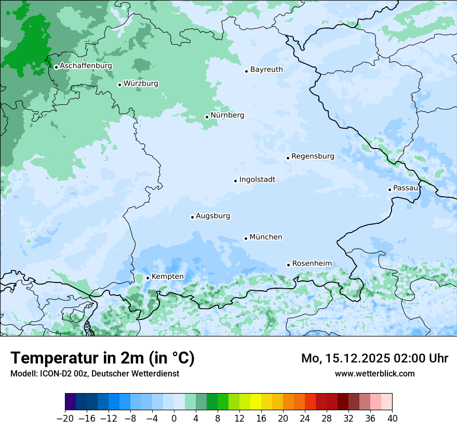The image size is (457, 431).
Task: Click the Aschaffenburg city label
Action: (x=86, y=66)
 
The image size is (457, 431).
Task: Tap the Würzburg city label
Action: (x=141, y=84)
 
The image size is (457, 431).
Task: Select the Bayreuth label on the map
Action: (x=266, y=70)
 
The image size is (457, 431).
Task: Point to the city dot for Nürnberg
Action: (x=207, y=117)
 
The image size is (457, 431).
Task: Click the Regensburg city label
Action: (x=313, y=156)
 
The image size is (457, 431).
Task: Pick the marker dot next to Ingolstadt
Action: (x=235, y=181)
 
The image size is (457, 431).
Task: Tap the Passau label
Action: (x=405, y=188)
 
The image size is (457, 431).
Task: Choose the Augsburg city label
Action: (x=212, y=216)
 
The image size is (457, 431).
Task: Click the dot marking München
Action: (x=246, y=238)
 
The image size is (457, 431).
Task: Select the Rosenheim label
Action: (x=312, y=264)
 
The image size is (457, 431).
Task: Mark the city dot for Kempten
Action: (x=147, y=278)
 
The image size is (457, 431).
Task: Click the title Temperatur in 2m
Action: (x=102, y=358)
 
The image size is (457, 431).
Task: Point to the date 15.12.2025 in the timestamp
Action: (x=359, y=358)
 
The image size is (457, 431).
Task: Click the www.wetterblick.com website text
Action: (x=374, y=373)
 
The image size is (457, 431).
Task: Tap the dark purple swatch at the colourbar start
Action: (x=71, y=402)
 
